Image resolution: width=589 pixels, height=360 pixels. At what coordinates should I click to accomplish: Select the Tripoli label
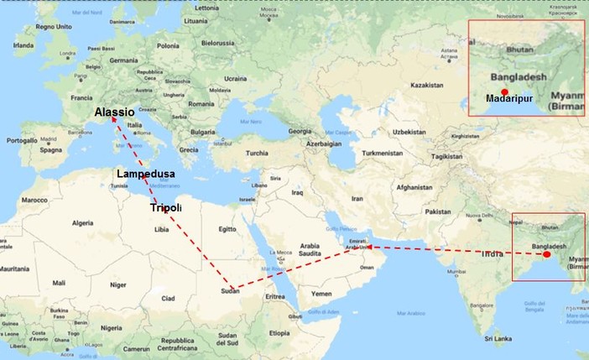click(164, 206)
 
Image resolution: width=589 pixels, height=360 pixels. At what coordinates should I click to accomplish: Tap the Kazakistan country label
click(425, 86)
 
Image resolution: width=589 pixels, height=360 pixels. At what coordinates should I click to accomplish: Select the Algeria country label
click(82, 223)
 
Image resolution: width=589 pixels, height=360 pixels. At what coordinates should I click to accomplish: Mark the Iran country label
click(357, 199)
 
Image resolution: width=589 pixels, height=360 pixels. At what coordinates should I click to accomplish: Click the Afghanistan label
click(414, 186)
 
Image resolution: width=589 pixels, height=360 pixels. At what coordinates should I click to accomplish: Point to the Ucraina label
click(235, 79)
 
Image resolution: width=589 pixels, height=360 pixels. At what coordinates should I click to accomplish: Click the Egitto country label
click(227, 229)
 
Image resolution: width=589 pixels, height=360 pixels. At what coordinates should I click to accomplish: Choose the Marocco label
click(34, 201)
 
